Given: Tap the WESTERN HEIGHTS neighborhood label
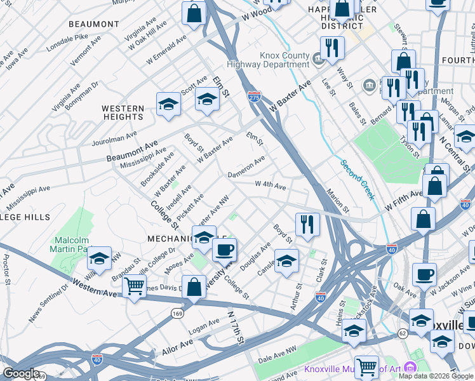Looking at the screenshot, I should tap(123, 112).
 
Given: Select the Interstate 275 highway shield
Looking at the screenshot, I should tap(254, 96).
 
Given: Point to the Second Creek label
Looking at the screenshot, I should tap(358, 180).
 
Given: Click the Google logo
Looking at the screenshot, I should tap(20, 373).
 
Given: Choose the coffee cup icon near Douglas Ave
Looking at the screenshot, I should tap(224, 250).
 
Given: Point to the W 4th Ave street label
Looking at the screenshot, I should tap(270, 185).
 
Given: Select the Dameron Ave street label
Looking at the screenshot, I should tap(246, 168).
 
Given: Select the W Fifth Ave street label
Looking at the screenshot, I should tap(404, 201).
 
